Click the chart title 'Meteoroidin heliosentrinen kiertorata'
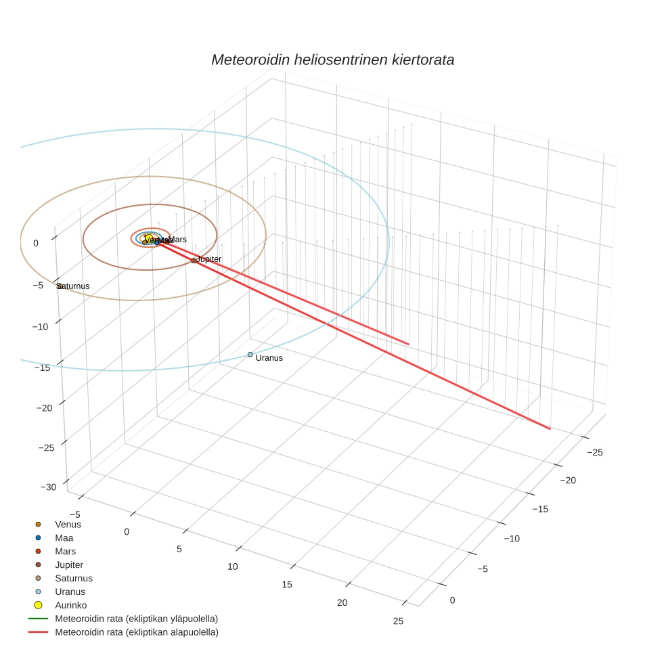tap(332, 60)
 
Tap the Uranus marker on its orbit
tap(250, 354)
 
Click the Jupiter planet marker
tap(194, 260)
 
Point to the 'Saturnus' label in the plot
tap(72, 286)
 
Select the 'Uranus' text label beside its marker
tap(269, 358)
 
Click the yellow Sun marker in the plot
tap(149, 238)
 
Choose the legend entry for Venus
tap(68, 524)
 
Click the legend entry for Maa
tap(64, 537)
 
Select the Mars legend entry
tap(65, 551)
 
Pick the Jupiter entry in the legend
tap(69, 564)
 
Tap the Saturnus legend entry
tap(73, 578)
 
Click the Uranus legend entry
tap(70, 592)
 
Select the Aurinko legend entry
tap(70, 605)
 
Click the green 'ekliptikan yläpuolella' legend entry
tap(136, 619)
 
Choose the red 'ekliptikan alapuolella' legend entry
tap(136, 632)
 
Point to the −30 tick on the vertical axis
tap(48, 487)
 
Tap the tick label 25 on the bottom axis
tap(398, 621)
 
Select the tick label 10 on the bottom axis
tap(233, 566)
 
